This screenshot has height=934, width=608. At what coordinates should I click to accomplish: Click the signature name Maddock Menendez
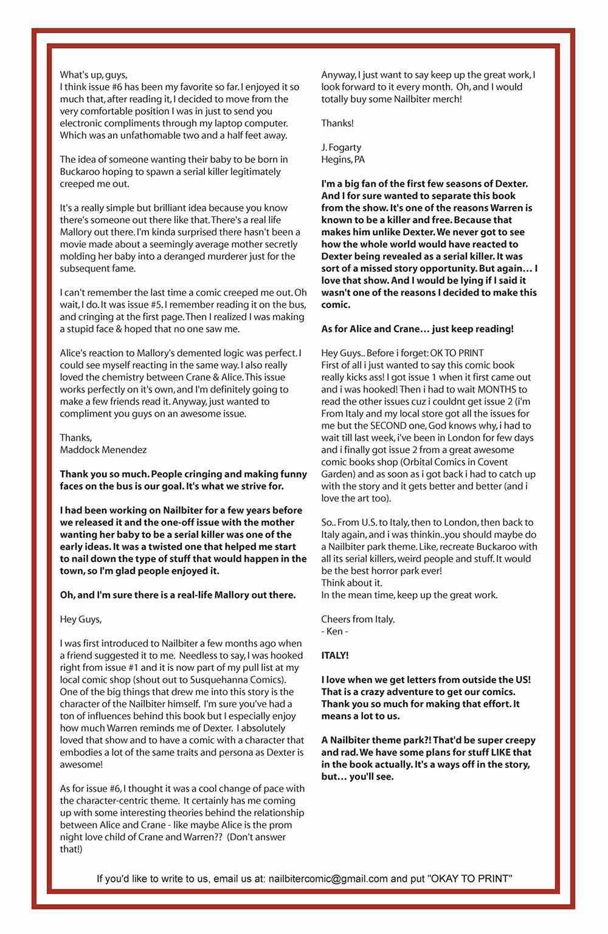[103, 450]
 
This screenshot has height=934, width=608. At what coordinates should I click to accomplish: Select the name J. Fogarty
[341, 148]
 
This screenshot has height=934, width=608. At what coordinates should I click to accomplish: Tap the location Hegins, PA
[343, 160]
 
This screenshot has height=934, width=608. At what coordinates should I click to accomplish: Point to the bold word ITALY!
[335, 656]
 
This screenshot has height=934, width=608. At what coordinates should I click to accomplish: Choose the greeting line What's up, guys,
[94, 75]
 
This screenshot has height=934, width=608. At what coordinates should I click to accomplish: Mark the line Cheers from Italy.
[358, 620]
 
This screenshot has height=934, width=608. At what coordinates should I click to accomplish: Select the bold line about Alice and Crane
[417, 329]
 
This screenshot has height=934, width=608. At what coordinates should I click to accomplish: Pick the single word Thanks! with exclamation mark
[337, 123]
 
